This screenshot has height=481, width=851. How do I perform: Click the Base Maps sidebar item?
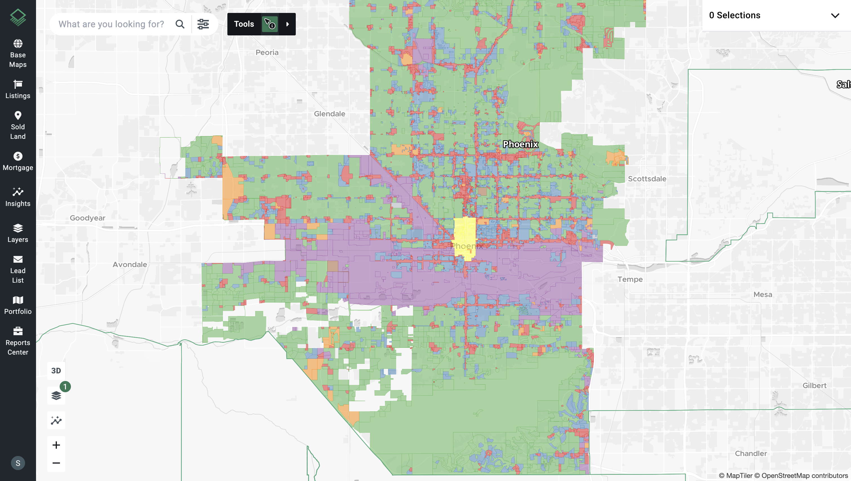[x=18, y=53]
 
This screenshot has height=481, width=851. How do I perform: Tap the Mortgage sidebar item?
[x=18, y=161]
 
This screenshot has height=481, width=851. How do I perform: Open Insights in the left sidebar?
[x=18, y=197]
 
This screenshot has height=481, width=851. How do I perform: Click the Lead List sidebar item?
[x=18, y=269]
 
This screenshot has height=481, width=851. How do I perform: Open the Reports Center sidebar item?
[x=18, y=341]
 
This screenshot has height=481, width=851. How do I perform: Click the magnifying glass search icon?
[x=180, y=24]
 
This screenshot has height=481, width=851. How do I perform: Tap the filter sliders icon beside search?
[x=203, y=24]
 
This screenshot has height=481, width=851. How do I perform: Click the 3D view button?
[x=56, y=371]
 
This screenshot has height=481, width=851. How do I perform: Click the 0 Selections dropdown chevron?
[x=835, y=15]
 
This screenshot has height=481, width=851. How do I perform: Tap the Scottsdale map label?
[x=647, y=179]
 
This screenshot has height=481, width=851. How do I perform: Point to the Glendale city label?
[x=329, y=114]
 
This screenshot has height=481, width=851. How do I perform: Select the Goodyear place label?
[x=87, y=218]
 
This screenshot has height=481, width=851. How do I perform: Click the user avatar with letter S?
[x=18, y=463]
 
